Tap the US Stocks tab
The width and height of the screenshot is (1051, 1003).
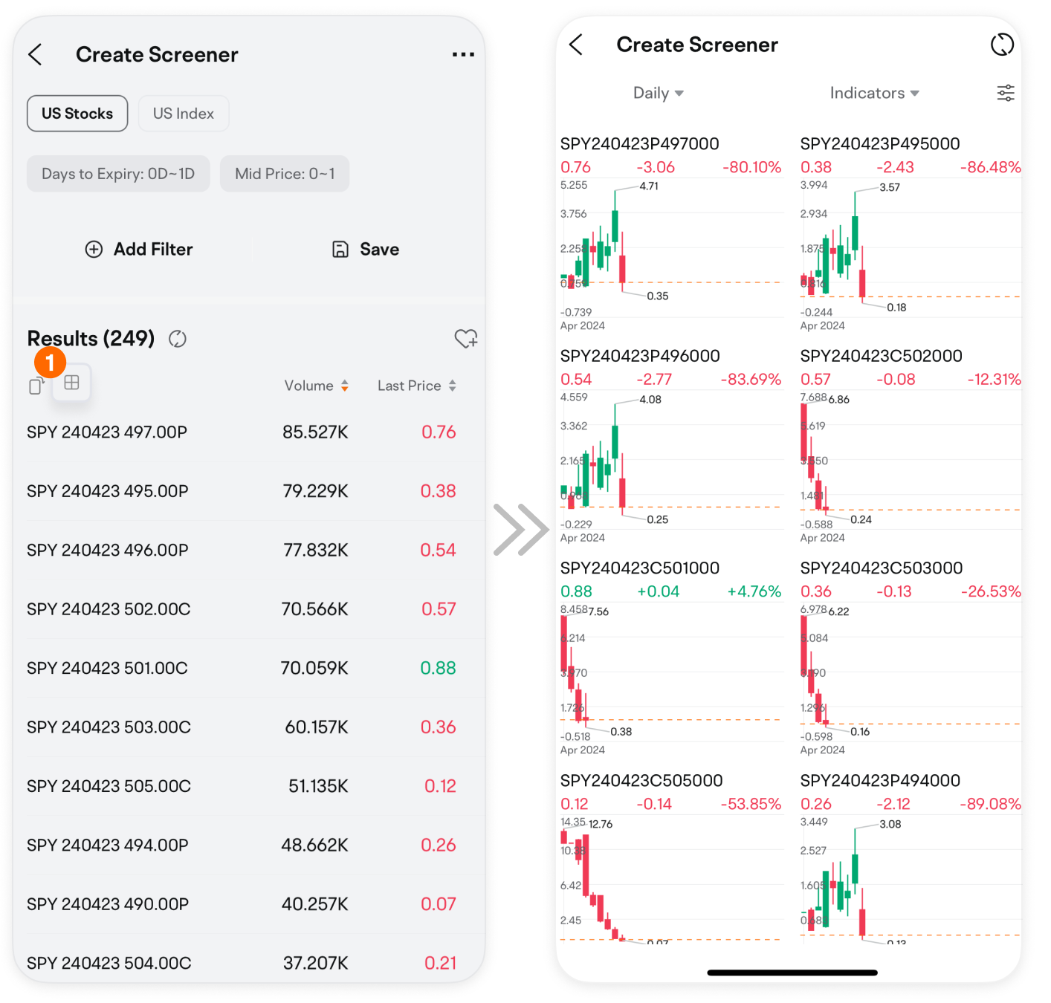(77, 114)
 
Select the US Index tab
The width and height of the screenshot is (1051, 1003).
(184, 114)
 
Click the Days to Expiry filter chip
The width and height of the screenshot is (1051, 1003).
(118, 174)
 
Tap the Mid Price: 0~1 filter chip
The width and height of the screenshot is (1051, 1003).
(285, 174)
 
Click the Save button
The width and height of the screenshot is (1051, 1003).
(366, 250)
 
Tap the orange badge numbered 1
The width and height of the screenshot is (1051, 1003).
(50, 363)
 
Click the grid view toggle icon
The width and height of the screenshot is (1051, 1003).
(72, 383)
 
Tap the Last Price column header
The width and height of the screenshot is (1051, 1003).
(416, 386)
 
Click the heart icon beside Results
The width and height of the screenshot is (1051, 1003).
(466, 339)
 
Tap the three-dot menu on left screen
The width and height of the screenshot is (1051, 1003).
(463, 55)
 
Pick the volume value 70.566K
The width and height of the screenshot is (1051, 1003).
(314, 609)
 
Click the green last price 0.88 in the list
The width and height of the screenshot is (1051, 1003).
(438, 668)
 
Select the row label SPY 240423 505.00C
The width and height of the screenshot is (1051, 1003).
(109, 786)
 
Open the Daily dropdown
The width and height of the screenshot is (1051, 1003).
(658, 94)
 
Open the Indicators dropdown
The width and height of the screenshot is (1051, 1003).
(874, 94)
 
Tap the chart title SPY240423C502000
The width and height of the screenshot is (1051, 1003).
(881, 356)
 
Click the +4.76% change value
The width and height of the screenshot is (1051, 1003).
(754, 591)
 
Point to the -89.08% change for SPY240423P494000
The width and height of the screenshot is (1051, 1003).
(990, 804)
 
